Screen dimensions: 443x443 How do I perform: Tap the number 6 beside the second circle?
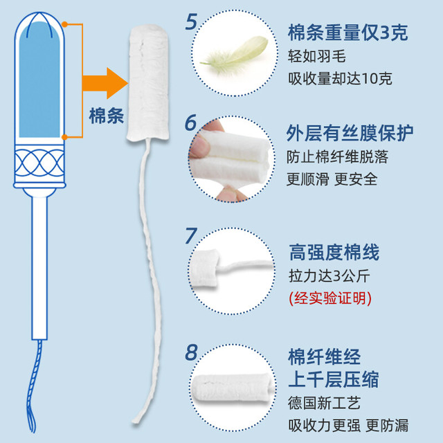tap(191, 123)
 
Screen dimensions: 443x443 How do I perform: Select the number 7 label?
tap(191, 236)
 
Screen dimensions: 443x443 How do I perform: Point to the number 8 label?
tap(191, 352)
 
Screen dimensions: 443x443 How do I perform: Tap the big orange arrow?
tap(105, 83)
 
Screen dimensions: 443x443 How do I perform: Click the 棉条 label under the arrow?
tap(107, 116)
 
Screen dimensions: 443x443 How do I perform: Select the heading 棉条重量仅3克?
tap(347, 33)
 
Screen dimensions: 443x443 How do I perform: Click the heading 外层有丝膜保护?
tap(350, 133)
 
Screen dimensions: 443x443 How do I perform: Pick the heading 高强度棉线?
tap(334, 252)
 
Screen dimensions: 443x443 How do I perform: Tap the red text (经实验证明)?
tap(330, 298)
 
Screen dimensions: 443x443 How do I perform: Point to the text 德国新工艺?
tap(325, 403)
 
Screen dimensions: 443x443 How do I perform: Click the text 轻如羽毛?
tap(317, 56)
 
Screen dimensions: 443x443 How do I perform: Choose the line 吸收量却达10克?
tap(340, 78)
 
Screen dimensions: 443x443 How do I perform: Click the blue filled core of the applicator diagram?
tap(39, 80)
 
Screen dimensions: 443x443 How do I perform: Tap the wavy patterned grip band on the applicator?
tap(39, 163)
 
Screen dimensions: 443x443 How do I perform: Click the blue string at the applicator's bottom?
tap(34, 386)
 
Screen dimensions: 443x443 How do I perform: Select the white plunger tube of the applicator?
tap(39, 269)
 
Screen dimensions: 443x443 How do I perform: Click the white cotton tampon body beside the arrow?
tap(148, 82)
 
